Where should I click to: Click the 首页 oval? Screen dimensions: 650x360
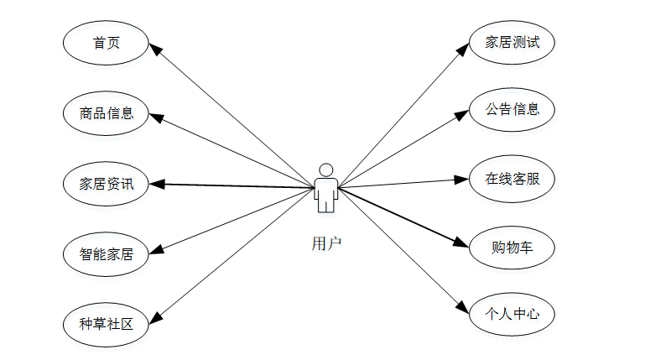107,42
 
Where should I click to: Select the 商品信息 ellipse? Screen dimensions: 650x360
107,112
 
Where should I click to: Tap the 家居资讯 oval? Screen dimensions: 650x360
107,183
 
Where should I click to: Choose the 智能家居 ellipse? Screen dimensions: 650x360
107,253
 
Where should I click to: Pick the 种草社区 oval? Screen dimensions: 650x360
107,323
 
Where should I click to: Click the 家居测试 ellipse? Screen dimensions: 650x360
511,41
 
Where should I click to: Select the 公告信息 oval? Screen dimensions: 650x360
511,109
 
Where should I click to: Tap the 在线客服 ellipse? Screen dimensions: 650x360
511,178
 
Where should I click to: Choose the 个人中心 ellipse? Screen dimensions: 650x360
511,316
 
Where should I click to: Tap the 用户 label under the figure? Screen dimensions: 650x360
326,243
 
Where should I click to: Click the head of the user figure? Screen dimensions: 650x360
326,169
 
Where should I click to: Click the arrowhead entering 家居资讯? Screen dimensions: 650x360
157,183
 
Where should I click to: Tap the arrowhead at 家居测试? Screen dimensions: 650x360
462,50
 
